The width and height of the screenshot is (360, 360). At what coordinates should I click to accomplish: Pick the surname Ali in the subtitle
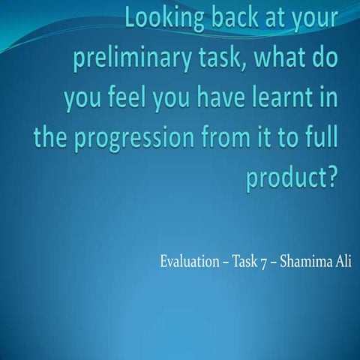tap(343, 263)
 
